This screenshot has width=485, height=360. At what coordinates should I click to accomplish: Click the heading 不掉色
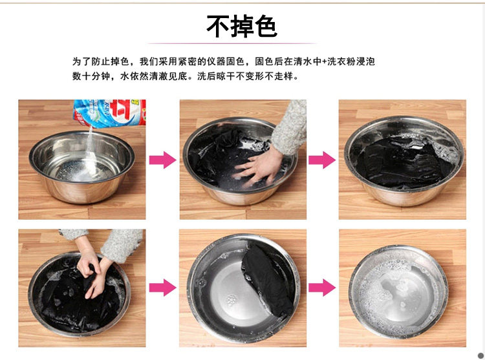[x=242, y=26]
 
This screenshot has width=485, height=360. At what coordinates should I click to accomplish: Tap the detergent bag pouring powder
[x=110, y=113]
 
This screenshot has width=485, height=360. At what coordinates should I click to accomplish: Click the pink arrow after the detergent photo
[x=163, y=160]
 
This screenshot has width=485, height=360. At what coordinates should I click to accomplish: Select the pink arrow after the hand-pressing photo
[x=322, y=160]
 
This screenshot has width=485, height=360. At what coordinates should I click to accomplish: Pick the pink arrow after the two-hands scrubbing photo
[x=163, y=288]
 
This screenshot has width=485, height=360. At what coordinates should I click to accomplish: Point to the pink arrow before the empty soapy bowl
[x=322, y=288]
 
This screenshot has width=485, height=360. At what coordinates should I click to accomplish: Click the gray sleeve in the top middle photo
[x=290, y=127]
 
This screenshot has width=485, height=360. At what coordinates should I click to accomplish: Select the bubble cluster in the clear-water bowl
[x=232, y=299]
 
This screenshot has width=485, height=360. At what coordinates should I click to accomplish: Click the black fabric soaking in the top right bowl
[x=403, y=162]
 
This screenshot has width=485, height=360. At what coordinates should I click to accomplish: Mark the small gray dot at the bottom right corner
[x=480, y=355]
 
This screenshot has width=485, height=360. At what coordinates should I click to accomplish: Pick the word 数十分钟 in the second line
[x=91, y=76]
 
